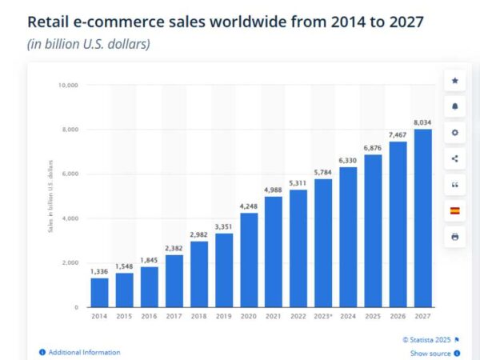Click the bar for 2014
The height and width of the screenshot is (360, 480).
(x=99, y=292)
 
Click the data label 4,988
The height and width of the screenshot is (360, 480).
(x=274, y=189)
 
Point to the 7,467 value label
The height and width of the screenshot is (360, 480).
(x=398, y=134)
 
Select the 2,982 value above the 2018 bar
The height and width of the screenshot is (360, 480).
(x=199, y=234)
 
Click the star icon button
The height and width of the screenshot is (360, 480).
(x=455, y=81)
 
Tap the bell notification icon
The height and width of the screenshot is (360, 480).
(x=455, y=106)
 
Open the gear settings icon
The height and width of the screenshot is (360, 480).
(x=455, y=133)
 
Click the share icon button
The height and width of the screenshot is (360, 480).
(x=455, y=158)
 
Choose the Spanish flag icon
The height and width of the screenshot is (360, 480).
(x=455, y=210)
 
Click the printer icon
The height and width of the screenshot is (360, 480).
(x=455, y=237)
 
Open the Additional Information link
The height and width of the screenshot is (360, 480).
(x=84, y=352)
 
